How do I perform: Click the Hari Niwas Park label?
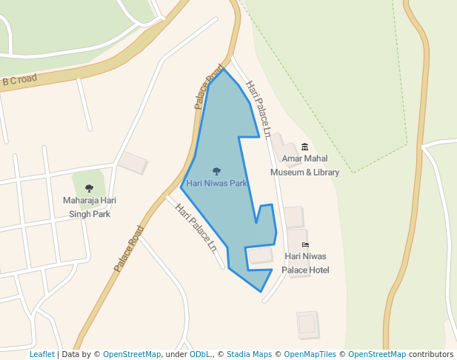pyautogui.click(x=217, y=183)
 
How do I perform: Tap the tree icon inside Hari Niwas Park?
pyautogui.click(x=216, y=172)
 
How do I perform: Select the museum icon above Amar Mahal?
pyautogui.click(x=304, y=147)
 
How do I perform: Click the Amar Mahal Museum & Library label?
pyautogui.click(x=304, y=165)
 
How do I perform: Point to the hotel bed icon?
pyautogui.click(x=305, y=244)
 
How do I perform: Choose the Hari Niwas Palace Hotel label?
pyautogui.click(x=307, y=263)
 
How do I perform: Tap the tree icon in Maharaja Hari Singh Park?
pyautogui.click(x=90, y=188)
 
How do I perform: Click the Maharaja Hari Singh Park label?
pyautogui.click(x=90, y=207)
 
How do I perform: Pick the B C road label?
pyautogui.click(x=19, y=80)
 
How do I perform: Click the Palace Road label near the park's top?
pyautogui.click(x=209, y=87)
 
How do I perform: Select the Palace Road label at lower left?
pyautogui.click(x=128, y=249)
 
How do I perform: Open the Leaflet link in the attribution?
pyautogui.click(x=41, y=354)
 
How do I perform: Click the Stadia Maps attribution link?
pyautogui.click(x=249, y=354)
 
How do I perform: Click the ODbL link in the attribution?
pyautogui.click(x=200, y=354)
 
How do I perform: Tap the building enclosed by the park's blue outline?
pyautogui.click(x=260, y=256)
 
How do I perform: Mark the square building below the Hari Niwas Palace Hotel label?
pyautogui.click(x=307, y=324)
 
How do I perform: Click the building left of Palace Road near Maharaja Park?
pyautogui.click(x=133, y=163)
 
